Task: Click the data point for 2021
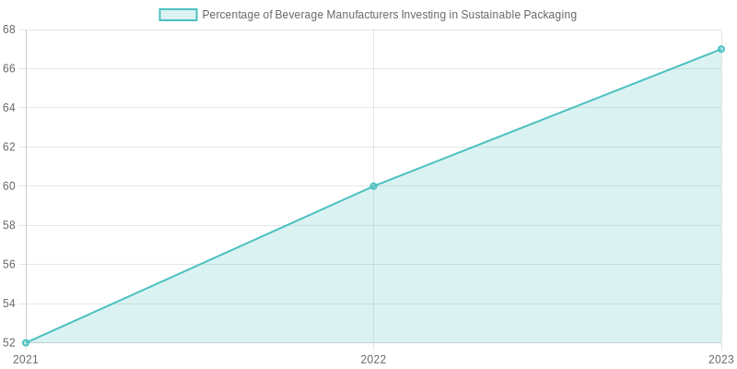coord(26,342)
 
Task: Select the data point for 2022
coord(373,186)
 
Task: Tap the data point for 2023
coord(721,49)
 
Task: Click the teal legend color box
coord(178,15)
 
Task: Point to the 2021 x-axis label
coord(26,359)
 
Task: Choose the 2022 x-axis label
coord(373,359)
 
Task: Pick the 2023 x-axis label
coord(720,359)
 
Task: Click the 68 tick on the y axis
coord(9,30)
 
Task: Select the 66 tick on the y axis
coord(9,68)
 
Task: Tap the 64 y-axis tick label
coord(9,108)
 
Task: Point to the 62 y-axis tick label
coord(9,147)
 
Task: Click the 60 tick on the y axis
coord(9,186)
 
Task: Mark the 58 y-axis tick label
coord(9,225)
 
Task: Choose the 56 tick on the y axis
coord(9,264)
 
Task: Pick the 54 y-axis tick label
coord(9,304)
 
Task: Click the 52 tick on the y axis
coord(9,342)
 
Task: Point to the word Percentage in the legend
coord(233,15)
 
